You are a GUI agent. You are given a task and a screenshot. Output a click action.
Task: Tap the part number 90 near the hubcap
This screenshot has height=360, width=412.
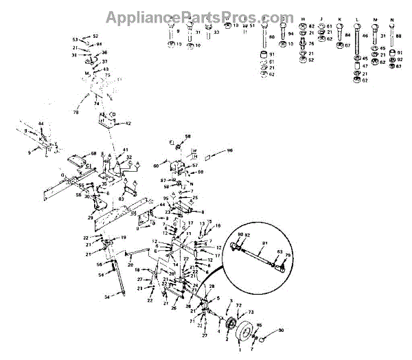pyautogui.click(x=280, y=331)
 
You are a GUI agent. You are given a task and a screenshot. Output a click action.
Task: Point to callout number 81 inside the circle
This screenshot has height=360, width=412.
pyautogui.click(x=264, y=243)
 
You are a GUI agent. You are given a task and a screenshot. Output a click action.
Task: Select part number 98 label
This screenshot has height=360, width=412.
pyautogui.click(x=229, y=150)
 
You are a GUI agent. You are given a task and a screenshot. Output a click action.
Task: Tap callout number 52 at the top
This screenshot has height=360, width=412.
pyautogui.click(x=95, y=36)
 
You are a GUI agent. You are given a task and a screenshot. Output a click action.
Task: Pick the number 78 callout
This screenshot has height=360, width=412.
pyautogui.click(x=75, y=112)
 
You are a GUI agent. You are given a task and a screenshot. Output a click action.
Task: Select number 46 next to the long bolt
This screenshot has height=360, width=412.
pyautogui.click(x=365, y=35)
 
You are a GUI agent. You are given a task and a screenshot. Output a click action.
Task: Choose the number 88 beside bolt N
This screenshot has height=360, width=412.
pyautogui.click(x=399, y=35)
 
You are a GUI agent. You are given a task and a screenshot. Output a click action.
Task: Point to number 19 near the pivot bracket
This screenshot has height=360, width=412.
pyautogui.click(x=124, y=237)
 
